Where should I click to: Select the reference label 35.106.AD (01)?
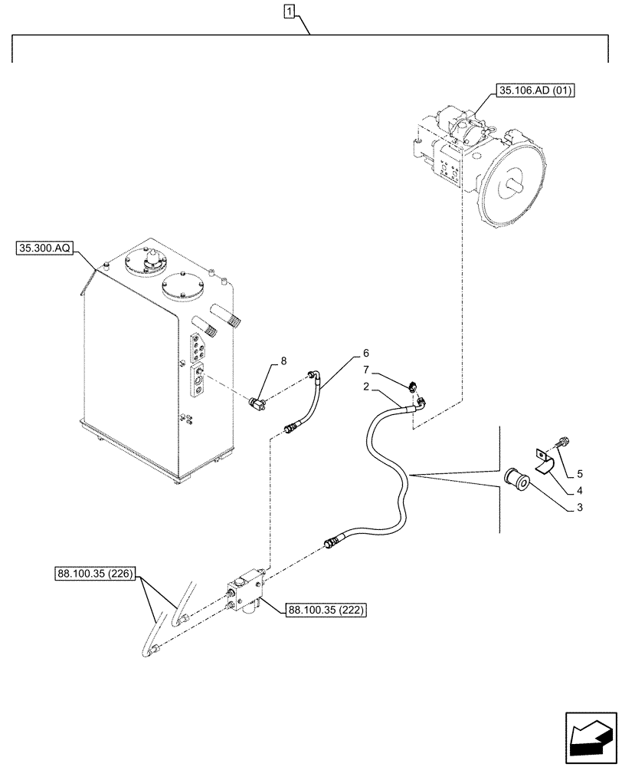[536, 91]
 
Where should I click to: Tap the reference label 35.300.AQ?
[44, 249]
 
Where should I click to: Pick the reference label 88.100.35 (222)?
[325, 611]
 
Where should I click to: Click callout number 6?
[366, 354]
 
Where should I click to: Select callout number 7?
[388, 370]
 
